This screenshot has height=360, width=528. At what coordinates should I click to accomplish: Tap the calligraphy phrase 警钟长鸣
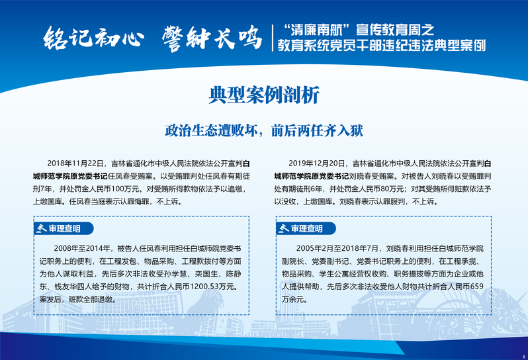pos(212,38)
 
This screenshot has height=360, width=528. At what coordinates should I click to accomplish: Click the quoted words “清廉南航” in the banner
pos(316,30)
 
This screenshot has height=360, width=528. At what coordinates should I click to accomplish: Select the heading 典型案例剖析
pos(263,96)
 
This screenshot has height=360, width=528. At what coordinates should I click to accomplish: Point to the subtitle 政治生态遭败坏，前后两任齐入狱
pos(264,130)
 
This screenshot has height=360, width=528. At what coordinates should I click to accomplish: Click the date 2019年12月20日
pos(316,163)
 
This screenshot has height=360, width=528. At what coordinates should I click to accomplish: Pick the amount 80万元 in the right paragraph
pos(392,189)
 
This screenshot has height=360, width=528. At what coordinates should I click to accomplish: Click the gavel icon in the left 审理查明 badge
pos(42,228)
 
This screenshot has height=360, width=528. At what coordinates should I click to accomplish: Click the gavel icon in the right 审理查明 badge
pos(284,228)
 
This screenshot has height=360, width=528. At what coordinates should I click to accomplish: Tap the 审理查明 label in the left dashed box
pos(64,229)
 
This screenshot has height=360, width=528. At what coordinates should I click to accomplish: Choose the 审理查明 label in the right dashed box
pos(307,229)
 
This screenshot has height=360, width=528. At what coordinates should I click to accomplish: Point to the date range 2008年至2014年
pos(82,249)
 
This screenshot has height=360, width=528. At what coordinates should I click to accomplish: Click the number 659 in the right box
pos(477,287)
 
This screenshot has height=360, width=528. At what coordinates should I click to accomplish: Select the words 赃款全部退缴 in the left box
pos(90,299)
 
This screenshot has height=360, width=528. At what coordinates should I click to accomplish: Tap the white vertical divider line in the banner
pos(273,38)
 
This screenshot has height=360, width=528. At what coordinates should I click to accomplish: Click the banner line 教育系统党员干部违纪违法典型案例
pos(382,46)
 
